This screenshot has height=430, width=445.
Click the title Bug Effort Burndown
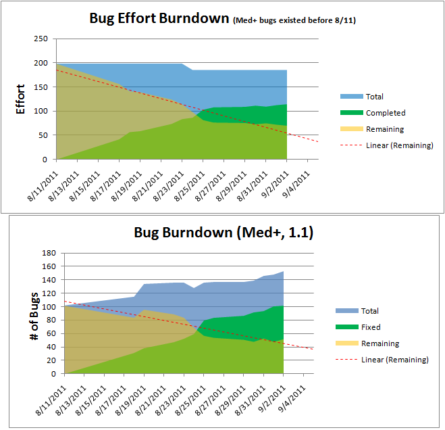pyautogui.click(x=159, y=19)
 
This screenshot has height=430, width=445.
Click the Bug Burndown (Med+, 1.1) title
pyautogui.click(x=224, y=233)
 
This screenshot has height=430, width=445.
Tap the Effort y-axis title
pyautogui.click(x=20, y=99)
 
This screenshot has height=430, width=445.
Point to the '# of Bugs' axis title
pyautogui.click(x=34, y=316)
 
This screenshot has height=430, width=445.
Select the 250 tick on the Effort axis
pyautogui.click(x=41, y=39)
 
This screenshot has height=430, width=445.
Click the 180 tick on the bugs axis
pyautogui.click(x=49, y=253)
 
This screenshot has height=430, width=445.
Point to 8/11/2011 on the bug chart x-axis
pyautogui.click(x=51, y=400)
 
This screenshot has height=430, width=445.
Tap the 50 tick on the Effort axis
pyautogui.click(x=43, y=135)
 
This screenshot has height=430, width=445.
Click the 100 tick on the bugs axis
pyautogui.click(x=49, y=307)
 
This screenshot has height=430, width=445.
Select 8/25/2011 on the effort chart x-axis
pyautogui.click(x=189, y=186)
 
